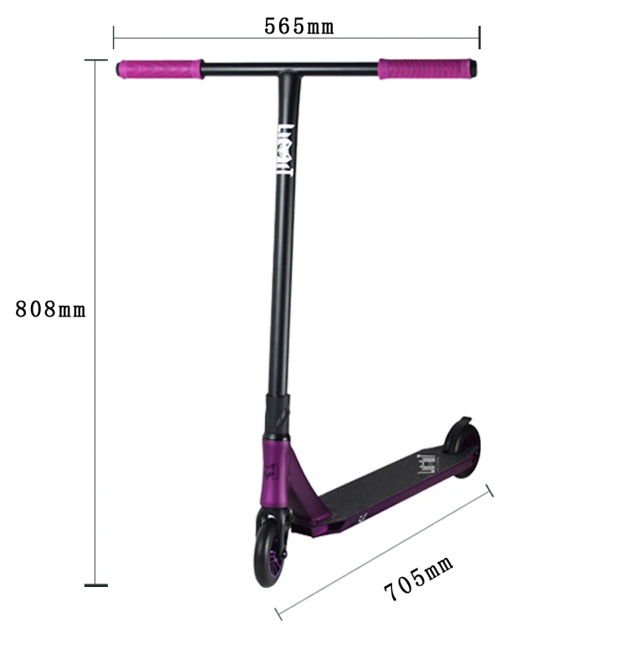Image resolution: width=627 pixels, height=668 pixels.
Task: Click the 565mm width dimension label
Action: coord(299,26)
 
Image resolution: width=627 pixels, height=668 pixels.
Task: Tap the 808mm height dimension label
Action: coord(50,309)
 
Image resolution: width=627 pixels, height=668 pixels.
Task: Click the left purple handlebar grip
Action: coord(160,69)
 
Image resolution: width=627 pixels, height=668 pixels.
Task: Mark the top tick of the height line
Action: coord(96,60)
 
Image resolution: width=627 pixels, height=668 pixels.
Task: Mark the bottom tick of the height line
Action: coord(96,585)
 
